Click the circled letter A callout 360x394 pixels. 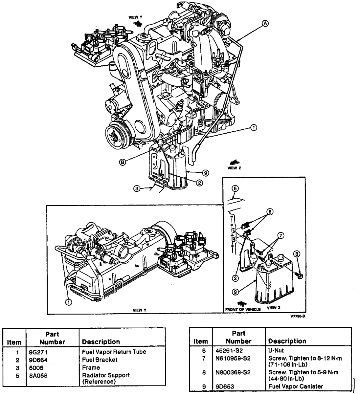[x=265, y=24]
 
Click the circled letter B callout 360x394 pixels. [x=123, y=162]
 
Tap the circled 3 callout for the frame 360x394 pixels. [x=137, y=189]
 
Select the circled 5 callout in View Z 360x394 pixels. [x=235, y=188]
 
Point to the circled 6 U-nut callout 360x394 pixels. [x=270, y=212]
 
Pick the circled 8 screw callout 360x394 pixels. [x=297, y=254]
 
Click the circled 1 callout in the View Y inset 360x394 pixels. [x=68, y=302]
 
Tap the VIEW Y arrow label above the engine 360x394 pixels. [x=135, y=17]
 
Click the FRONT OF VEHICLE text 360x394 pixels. [x=243, y=310]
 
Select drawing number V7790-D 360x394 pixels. [x=298, y=316]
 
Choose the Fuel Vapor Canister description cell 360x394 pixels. [x=296, y=386]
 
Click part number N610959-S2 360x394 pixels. [x=233, y=359]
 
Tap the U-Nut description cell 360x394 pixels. [x=276, y=350]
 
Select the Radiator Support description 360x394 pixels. [x=106, y=378]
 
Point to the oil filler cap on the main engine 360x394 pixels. [x=142, y=36]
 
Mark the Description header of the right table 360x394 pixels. [x=287, y=341]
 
